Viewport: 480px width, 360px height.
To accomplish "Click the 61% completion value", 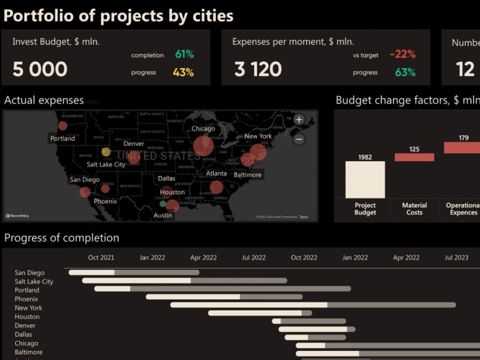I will tap(184, 55).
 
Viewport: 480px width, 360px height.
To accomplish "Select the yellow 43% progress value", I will tap(183, 72).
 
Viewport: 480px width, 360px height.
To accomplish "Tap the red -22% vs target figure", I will tap(402, 55).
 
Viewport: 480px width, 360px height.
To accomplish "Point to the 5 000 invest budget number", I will tap(40, 70).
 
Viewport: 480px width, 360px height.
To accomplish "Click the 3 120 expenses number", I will tap(258, 70).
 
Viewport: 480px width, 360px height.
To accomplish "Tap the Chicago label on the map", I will tap(203, 129).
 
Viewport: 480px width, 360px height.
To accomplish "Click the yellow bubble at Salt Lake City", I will tap(106, 152).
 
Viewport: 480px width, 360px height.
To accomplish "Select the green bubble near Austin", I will tap(163, 204).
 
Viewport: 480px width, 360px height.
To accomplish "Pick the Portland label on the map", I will tap(63, 139).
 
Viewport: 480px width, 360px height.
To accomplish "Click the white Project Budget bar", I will tap(365, 180).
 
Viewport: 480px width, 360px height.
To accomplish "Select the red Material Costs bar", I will tap(414, 157).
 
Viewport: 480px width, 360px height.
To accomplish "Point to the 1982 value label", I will tap(365, 157).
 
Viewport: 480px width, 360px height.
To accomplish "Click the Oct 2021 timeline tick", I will tap(101, 258).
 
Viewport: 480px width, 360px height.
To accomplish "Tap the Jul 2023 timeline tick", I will tap(456, 258).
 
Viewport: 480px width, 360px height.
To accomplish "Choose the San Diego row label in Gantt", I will tap(30, 273).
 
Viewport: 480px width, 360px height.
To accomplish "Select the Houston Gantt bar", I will tap(260, 313).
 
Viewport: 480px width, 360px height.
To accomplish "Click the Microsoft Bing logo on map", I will tap(17, 216).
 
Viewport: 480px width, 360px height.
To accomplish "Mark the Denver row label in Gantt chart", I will tap(25, 325).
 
